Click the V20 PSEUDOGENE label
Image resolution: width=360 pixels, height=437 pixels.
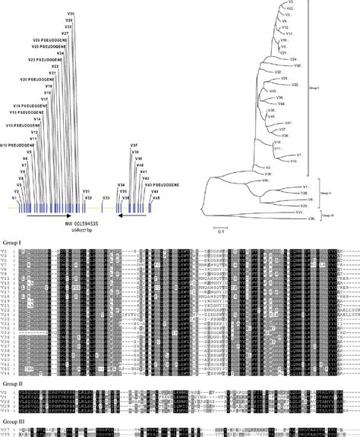[x=36, y=79]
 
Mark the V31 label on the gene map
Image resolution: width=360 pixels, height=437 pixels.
[x=87, y=190]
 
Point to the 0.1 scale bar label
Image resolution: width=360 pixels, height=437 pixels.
[x=217, y=233]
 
